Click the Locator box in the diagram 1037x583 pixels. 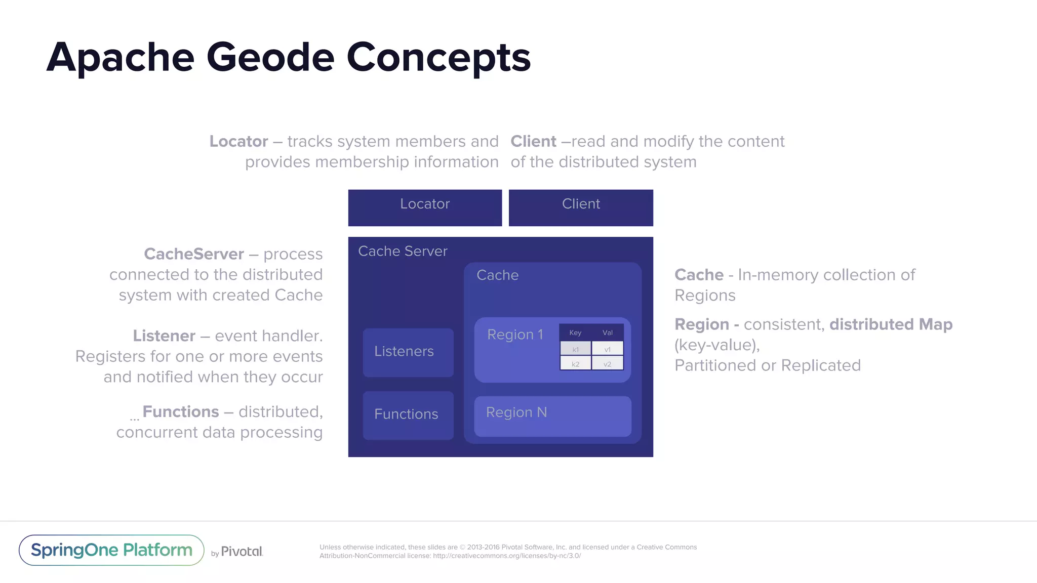coord(425,207)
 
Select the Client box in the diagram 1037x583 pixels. coord(581,207)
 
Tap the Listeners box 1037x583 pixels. coord(408,352)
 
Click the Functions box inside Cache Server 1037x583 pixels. coord(408,415)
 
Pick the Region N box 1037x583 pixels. coord(552,416)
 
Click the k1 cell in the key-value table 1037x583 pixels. coord(575,349)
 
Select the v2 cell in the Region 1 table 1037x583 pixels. coord(607,364)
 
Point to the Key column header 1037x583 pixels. coord(575,332)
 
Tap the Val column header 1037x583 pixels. coord(607,332)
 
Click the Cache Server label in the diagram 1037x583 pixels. coord(403,251)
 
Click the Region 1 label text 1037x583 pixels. coord(515,335)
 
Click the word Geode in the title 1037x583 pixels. coord(270,57)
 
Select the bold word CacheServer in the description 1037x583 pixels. coord(194,254)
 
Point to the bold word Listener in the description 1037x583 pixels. coord(164,336)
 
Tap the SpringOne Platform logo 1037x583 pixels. coord(111,550)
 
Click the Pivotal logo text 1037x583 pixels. coord(242,552)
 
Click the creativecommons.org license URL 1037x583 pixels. coord(506,556)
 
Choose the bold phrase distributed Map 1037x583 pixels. coord(891,324)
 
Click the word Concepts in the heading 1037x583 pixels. coord(438,57)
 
